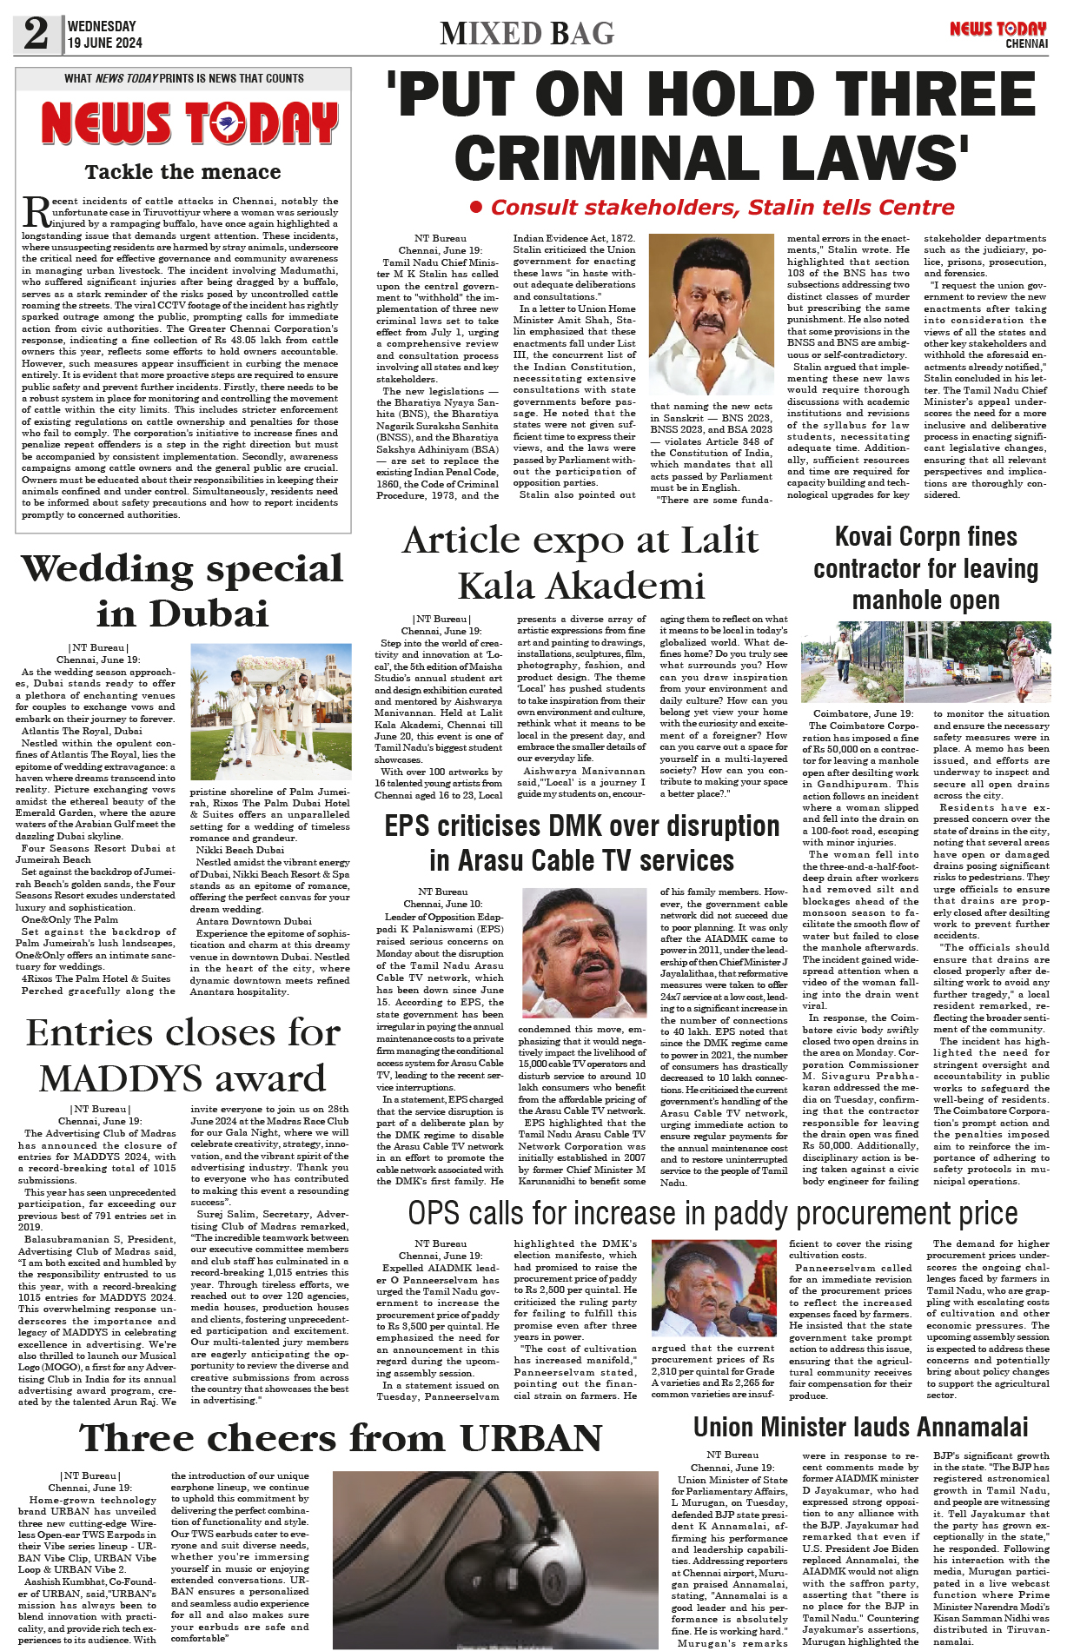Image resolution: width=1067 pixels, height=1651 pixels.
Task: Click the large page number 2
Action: coord(36,33)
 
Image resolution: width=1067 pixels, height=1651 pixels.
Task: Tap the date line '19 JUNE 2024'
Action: coord(104,43)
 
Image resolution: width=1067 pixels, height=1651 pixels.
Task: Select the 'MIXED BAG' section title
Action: coord(527,33)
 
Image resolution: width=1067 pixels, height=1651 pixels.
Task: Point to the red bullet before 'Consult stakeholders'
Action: coord(475,208)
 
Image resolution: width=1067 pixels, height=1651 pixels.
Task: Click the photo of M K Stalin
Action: coord(710,314)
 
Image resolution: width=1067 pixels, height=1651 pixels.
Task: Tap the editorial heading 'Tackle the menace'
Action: coord(182,171)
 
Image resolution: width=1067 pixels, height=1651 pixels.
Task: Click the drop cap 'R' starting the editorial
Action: coord(35,211)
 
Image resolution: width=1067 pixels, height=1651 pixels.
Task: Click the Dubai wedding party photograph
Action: coord(269,712)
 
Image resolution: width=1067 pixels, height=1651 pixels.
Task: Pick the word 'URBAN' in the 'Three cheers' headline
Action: coord(531,1438)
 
